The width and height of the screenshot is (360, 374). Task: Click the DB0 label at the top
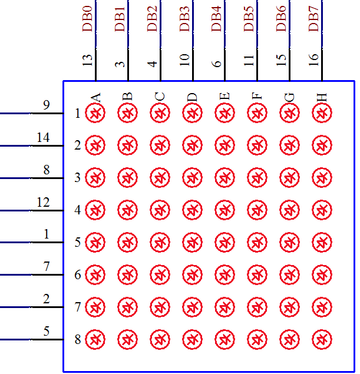88,18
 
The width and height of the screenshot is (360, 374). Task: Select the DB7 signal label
314,18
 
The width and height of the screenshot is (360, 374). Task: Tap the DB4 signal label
217,18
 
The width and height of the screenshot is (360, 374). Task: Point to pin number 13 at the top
88,59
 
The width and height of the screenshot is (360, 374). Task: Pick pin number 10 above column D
184,59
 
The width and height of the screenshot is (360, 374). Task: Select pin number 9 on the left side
47,105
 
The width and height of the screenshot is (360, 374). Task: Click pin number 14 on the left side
43,138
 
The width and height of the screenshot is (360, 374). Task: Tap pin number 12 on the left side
43,203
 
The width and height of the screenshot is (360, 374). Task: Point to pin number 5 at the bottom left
47,332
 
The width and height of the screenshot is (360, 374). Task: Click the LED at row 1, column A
95,112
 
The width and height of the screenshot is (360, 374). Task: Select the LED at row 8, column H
321,339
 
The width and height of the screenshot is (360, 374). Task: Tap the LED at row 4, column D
191,210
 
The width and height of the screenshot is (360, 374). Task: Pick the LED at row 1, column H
321,112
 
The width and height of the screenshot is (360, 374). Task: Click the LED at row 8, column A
95,339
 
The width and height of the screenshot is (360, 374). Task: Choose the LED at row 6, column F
256,274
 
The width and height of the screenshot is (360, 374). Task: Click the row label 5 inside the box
78,243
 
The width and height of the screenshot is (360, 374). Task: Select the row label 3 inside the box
78,178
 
